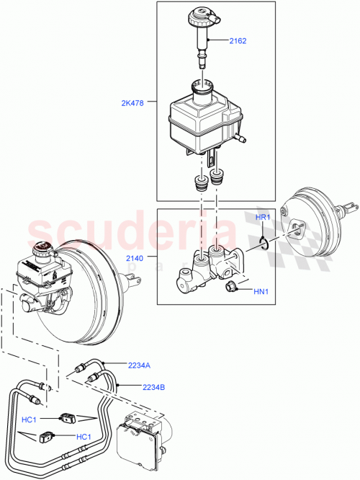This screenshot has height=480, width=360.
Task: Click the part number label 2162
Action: coord(238,41)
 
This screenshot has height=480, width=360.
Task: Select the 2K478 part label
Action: coord(134,103)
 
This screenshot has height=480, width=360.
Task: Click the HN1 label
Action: coord(261,291)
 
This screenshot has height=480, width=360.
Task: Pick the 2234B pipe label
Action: coord(153,387)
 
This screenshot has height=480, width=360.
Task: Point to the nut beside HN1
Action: coord(232,289)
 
